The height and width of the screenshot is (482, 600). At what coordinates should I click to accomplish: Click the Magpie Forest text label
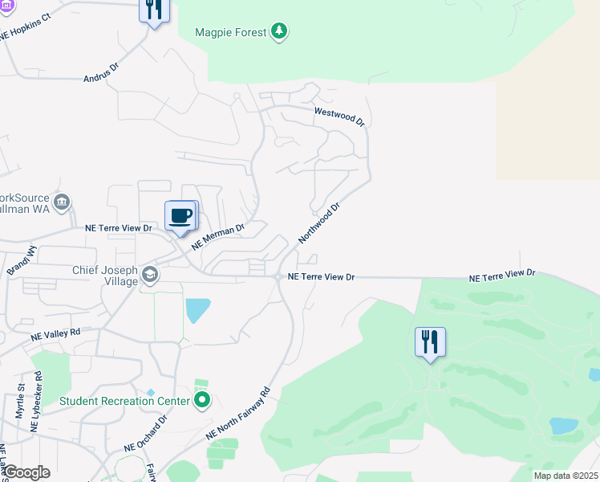coord(230,32)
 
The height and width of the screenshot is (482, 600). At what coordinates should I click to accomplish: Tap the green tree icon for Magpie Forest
coord(278,32)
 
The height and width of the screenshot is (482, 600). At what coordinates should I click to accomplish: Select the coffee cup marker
coord(181,216)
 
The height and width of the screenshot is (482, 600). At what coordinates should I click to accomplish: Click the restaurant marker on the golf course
coord(430,342)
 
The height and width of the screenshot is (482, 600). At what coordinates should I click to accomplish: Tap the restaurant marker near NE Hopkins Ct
coord(152,10)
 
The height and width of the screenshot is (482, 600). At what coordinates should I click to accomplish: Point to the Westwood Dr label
coord(339,117)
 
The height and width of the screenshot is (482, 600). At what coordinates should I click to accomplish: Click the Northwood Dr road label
coord(319,223)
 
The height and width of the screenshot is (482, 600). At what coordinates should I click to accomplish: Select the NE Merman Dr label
coord(217,235)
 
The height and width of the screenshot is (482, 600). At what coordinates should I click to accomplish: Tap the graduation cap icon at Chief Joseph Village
coord(149,276)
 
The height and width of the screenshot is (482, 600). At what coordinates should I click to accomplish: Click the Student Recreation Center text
coord(124,400)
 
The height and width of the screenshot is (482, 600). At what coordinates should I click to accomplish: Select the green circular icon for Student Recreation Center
coord(202,399)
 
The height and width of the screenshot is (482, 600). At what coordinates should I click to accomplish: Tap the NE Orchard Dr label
coord(145,433)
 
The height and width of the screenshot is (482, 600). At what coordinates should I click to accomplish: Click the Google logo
coord(26,472)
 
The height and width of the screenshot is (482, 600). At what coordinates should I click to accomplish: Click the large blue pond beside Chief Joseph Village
coord(197,309)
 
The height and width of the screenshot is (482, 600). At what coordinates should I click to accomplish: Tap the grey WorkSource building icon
coord(62,201)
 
